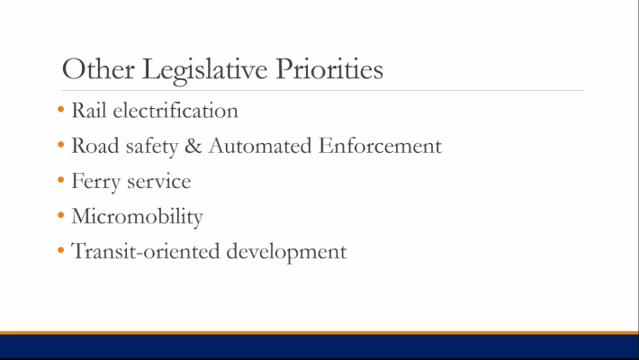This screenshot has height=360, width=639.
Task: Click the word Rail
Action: click(88, 111)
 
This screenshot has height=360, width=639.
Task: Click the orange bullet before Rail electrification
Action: click(60, 111)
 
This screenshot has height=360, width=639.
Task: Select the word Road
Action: click(93, 146)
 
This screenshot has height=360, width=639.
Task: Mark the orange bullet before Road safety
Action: click(60, 145)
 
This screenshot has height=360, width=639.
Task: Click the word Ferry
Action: click(94, 181)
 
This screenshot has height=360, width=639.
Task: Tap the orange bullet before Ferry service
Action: click(60, 180)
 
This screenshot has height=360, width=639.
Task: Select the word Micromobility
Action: click(137, 217)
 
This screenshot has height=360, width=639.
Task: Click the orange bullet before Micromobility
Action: click(60, 215)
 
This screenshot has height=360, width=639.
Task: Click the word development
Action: click(285, 251)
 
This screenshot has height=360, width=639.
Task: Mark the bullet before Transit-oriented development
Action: click(60, 250)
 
